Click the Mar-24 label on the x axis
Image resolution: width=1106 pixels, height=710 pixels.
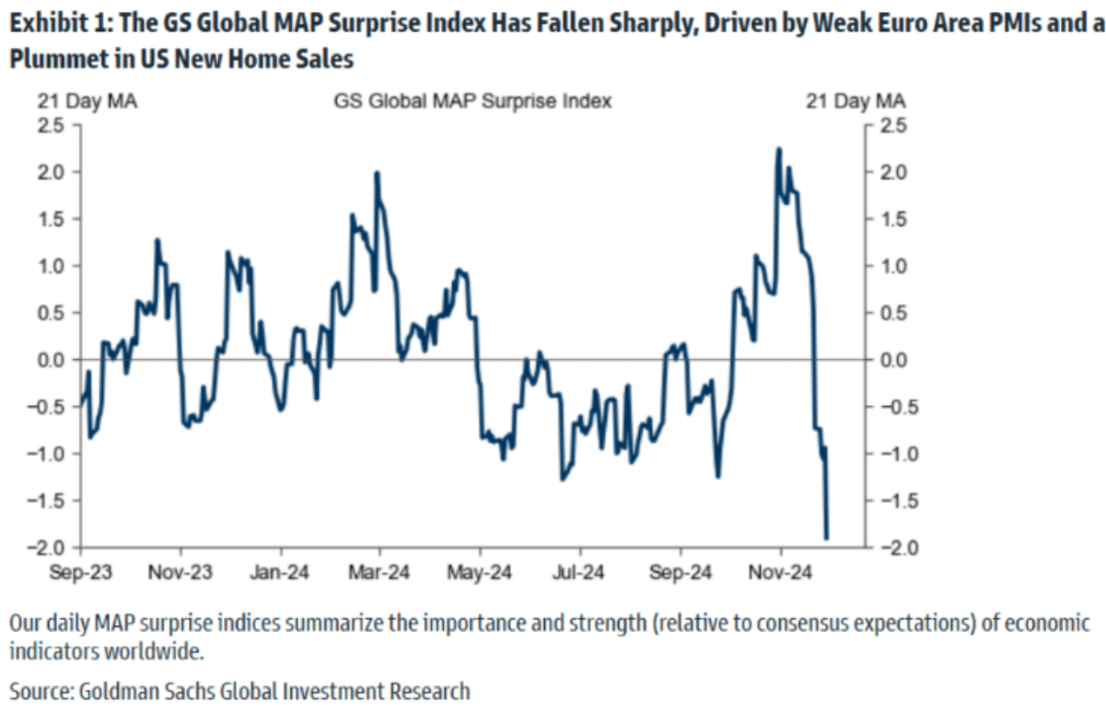[x=379, y=573]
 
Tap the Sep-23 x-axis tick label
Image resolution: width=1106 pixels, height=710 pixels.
[x=82, y=573]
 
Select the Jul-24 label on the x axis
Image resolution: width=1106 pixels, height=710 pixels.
[x=578, y=573]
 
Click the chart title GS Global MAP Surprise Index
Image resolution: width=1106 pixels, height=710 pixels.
[x=472, y=101]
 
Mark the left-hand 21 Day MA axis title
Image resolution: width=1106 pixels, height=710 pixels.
[x=87, y=101]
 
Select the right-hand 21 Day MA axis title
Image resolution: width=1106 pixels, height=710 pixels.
[x=856, y=101]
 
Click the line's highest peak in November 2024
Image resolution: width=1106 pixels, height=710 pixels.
[x=779, y=148]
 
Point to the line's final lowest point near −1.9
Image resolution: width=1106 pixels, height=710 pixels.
[x=827, y=539]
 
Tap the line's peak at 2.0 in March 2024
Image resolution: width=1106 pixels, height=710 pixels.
[x=377, y=173]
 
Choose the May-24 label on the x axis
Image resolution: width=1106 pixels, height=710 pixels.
[x=479, y=573]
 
